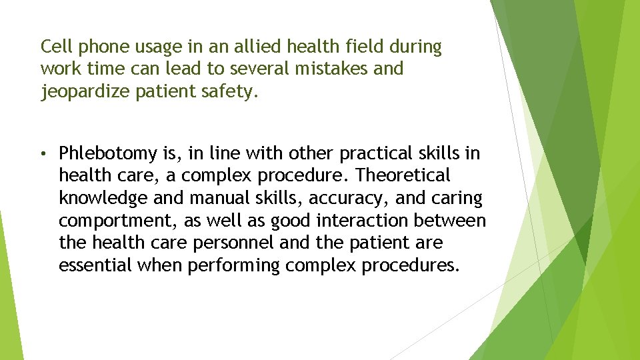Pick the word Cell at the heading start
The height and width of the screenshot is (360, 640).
pos(55,47)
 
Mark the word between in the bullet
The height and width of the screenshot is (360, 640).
pos(457,221)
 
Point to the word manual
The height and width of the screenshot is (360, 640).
pos(213,199)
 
